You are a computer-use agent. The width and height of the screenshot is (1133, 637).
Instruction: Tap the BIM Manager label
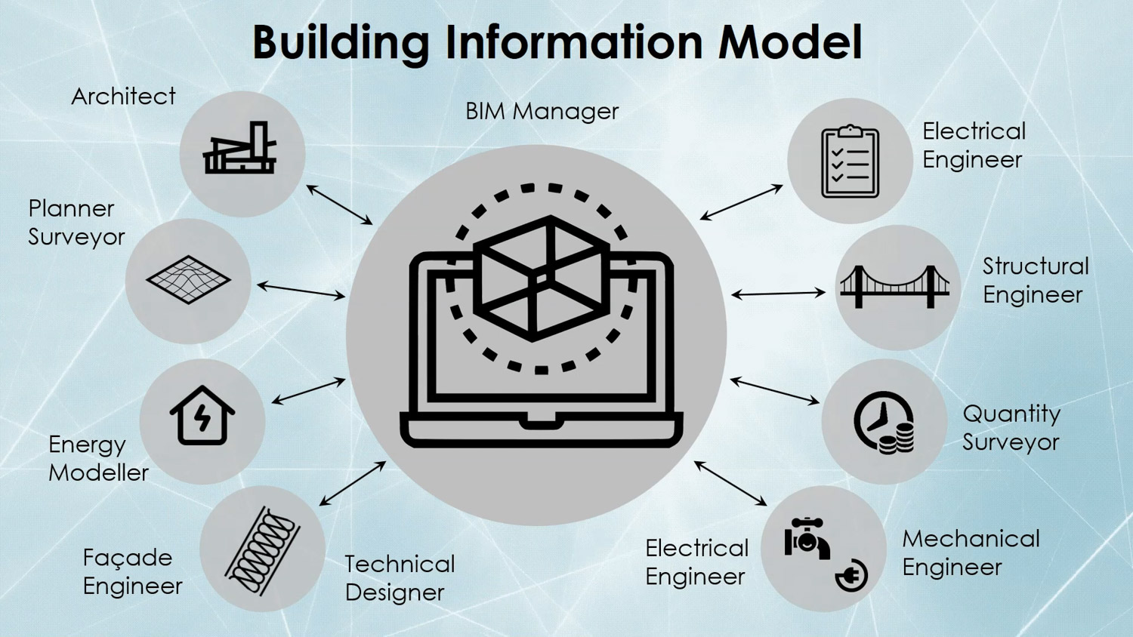(542, 112)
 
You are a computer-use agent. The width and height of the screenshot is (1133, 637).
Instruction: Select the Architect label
(123, 97)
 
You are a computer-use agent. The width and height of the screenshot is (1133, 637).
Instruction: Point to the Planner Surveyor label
(76, 223)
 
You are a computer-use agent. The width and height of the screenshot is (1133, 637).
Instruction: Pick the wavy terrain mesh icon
(188, 279)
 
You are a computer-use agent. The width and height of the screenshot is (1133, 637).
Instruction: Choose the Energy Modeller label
(98, 458)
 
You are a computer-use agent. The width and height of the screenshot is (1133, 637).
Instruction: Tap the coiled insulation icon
(262, 549)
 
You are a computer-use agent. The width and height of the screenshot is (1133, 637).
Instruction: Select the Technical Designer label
(400, 578)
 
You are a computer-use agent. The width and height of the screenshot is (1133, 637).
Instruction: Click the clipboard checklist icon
(850, 162)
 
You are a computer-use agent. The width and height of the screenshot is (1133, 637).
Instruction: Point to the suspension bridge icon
(895, 287)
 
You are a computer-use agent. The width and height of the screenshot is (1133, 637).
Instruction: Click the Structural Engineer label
(1035, 280)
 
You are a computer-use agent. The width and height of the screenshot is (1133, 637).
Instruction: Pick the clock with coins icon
(884, 423)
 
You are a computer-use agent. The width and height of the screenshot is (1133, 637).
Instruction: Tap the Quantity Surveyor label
(1011, 428)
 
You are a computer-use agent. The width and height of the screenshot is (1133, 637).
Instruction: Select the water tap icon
(807, 537)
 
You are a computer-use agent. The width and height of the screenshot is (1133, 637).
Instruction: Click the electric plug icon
(851, 577)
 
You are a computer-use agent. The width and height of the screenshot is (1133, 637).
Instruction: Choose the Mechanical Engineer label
(971, 553)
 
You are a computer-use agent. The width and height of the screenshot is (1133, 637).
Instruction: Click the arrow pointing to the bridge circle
(778, 294)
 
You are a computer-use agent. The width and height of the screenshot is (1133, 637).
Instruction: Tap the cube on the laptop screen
(542, 278)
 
